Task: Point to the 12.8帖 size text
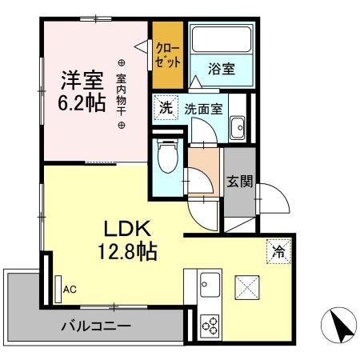point(123,251)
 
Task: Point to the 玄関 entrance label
point(238,182)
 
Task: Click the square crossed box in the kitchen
point(247,286)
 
